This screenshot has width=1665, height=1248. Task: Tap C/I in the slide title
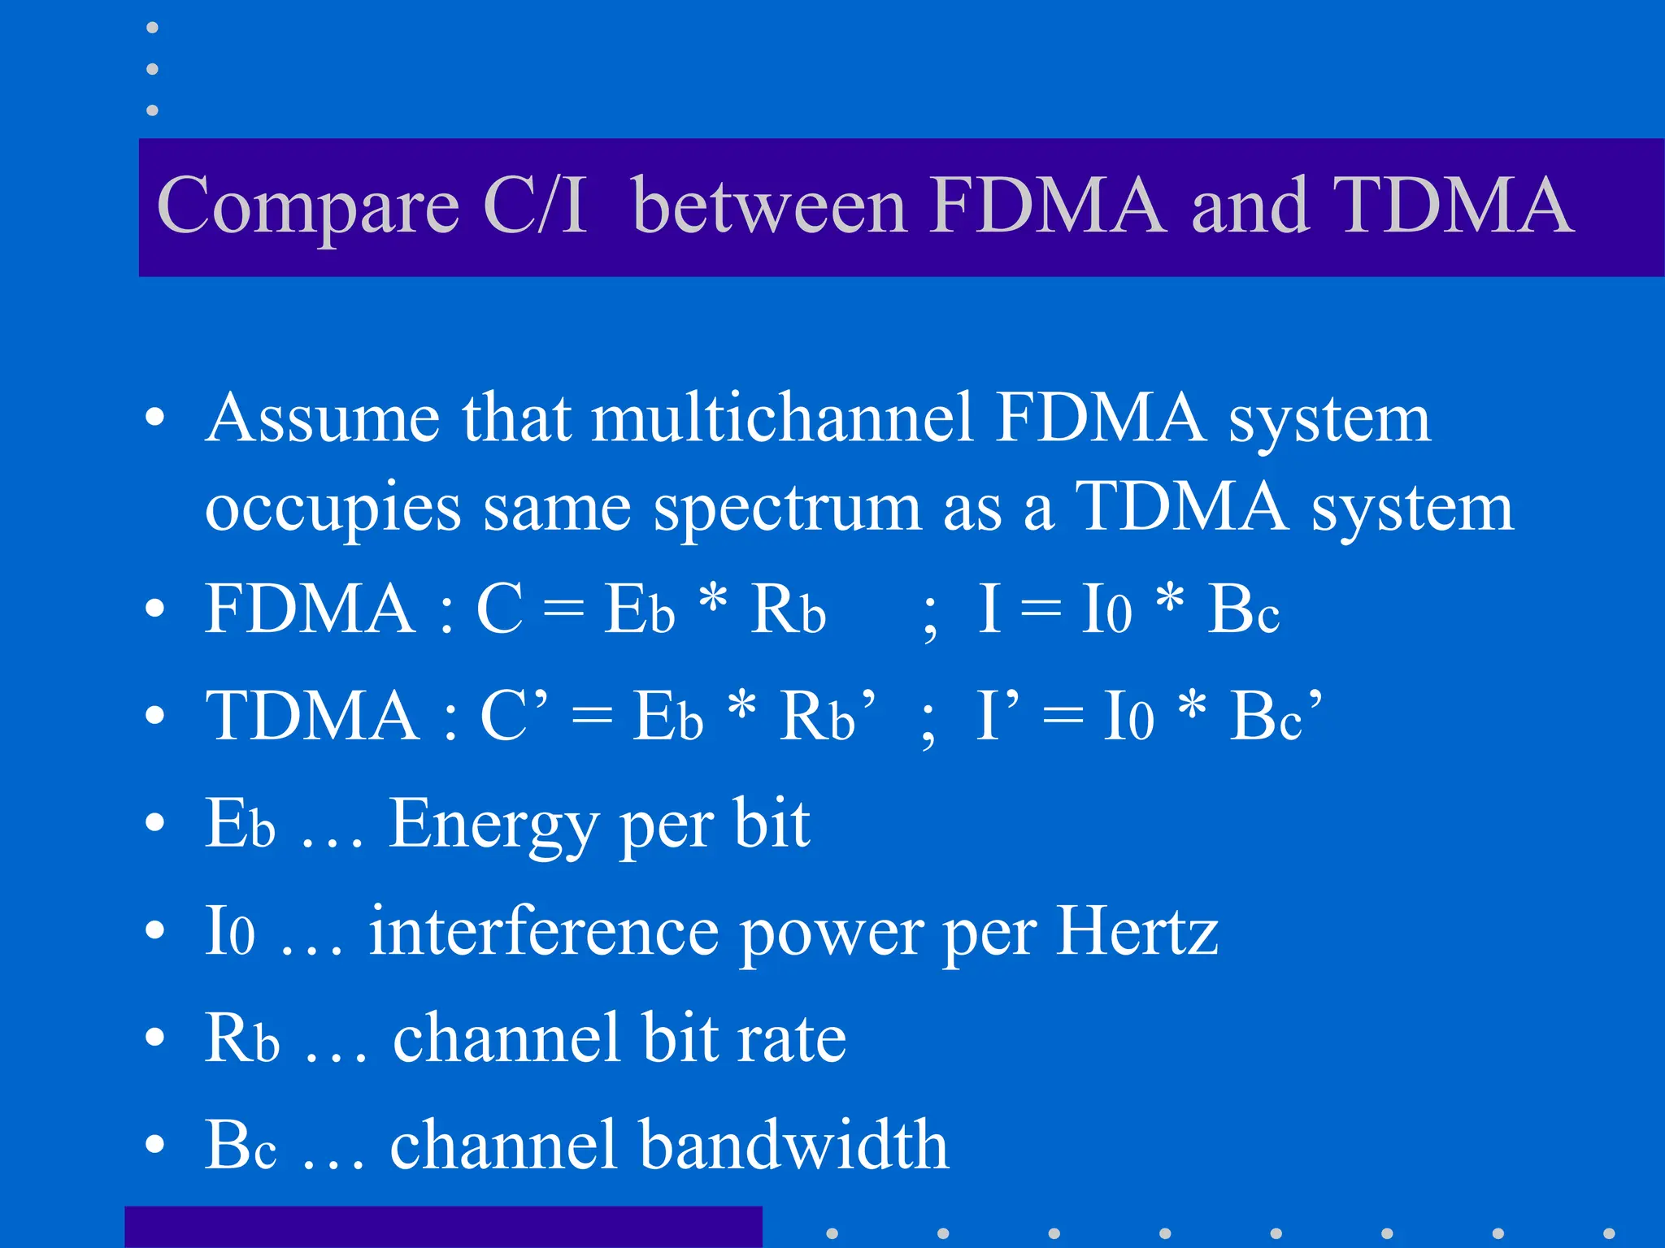click(534, 205)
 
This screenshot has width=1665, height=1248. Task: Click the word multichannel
click(782, 418)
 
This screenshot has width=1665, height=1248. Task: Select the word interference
click(543, 932)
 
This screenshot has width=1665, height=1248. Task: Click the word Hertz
click(1137, 930)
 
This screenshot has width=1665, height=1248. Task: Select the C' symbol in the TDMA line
click(513, 715)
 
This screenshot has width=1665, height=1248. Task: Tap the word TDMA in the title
click(1451, 205)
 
